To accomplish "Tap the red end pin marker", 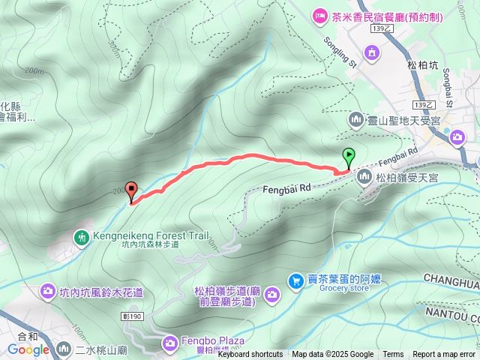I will click(132, 190).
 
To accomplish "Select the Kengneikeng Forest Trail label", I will click(151, 235).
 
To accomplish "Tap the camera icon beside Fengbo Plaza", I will click(170, 342).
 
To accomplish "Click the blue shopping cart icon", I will click(296, 280).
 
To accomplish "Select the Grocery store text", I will click(344, 287).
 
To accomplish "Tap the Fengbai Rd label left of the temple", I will click(286, 191).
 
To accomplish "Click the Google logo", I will click(28, 349).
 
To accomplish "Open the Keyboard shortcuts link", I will click(250, 355).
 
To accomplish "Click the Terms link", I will click(393, 355).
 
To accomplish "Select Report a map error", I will click(444, 355).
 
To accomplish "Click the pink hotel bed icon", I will click(319, 14).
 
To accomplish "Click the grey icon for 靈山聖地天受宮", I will click(355, 119).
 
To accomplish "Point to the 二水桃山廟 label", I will click(100, 349).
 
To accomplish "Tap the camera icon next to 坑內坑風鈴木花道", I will click(47, 291).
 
